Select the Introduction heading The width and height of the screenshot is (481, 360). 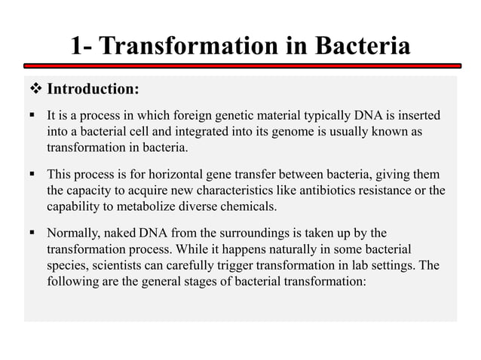pyautogui.click(x=93, y=90)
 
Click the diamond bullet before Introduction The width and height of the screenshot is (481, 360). pyautogui.click(x=37, y=90)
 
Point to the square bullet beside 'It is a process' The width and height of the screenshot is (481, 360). pyautogui.click(x=34, y=116)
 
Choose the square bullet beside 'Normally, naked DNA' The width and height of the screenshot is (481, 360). pyautogui.click(x=34, y=233)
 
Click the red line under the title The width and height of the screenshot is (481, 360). pyautogui.click(x=240, y=66)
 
